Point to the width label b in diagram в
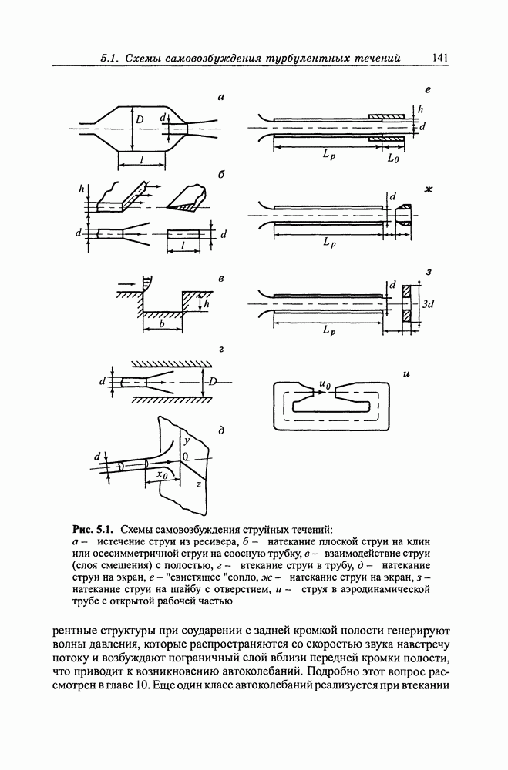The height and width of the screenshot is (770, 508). (x=161, y=326)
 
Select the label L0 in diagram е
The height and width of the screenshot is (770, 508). (x=392, y=158)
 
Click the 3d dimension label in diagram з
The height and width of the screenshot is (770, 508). (x=429, y=304)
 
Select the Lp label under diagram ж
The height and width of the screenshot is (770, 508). (x=329, y=243)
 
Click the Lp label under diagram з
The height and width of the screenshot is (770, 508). (x=329, y=331)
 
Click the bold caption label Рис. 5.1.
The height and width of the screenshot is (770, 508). (x=93, y=529)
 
